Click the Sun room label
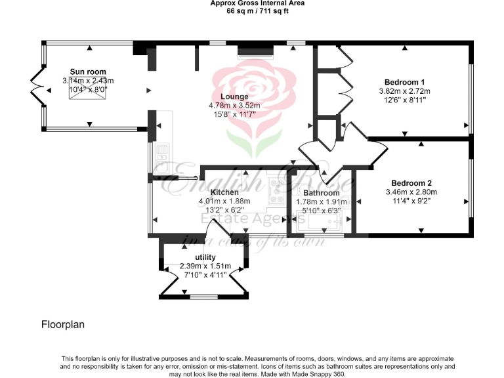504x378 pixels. [88, 72]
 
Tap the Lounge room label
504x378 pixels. [234, 96]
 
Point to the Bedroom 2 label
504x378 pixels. [411, 183]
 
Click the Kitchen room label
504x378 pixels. [224, 192]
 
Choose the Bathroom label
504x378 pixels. [322, 193]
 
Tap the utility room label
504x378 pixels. [205, 257]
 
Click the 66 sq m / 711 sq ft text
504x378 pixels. [257, 11]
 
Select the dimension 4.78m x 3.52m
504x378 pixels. [234, 106]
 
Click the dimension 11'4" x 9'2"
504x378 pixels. [411, 201]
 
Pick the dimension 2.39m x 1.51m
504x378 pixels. [203, 266]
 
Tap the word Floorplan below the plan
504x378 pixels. [63, 324]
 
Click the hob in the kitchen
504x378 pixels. [276, 194]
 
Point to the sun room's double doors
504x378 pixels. [37, 89]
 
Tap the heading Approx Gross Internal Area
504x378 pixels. [257, 3]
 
